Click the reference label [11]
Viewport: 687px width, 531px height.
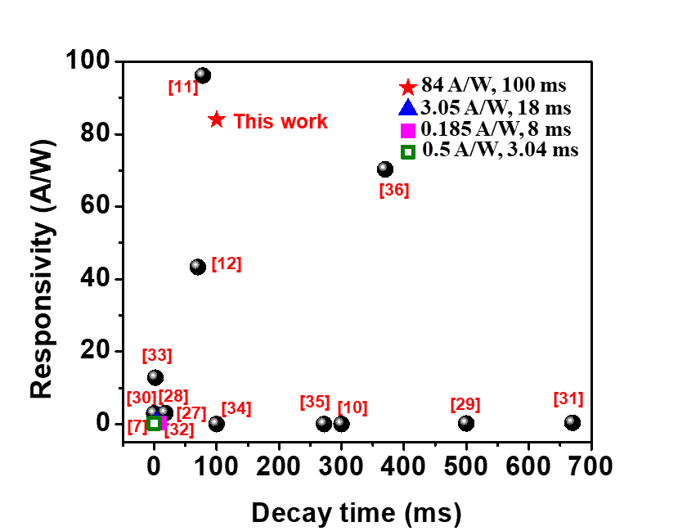(x=183, y=87)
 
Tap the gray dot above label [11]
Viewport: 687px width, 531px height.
(x=200, y=73)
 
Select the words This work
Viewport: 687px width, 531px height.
(x=281, y=122)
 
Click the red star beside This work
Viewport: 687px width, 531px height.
(x=216, y=119)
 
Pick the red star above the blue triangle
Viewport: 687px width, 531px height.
(x=408, y=87)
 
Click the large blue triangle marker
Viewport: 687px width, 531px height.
(x=408, y=108)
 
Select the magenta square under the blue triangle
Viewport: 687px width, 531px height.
(x=408, y=131)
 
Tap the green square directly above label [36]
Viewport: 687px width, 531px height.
(x=408, y=152)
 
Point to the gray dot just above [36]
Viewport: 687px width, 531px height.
(x=383, y=167)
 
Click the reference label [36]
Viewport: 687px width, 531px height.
(x=394, y=190)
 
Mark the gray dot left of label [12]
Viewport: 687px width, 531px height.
(x=195, y=264)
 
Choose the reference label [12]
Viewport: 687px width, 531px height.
(x=227, y=263)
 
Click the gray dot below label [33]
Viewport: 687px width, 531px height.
(x=153, y=375)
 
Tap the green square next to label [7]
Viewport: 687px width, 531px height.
(x=154, y=424)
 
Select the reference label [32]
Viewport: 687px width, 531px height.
(x=179, y=430)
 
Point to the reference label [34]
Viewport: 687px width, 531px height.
(x=236, y=408)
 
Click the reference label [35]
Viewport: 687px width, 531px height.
(x=315, y=402)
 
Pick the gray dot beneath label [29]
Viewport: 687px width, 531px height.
(x=464, y=421)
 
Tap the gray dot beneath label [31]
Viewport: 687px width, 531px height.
(x=570, y=421)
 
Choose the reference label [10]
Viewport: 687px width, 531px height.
(x=352, y=407)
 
